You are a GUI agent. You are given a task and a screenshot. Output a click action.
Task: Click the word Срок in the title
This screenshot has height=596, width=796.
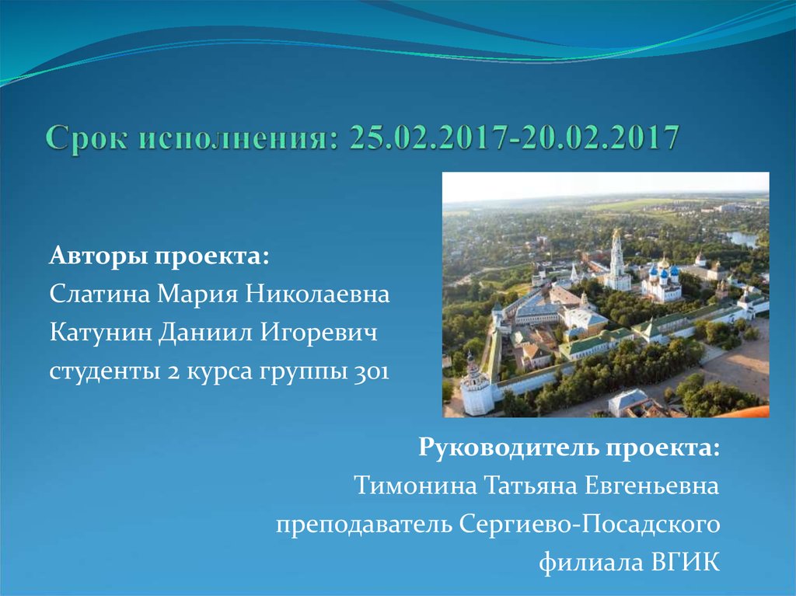tap(88, 138)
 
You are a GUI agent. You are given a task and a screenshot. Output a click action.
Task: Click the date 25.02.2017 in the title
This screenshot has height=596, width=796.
tap(417, 138)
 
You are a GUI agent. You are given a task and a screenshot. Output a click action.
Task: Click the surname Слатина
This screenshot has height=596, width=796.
tap(100, 295)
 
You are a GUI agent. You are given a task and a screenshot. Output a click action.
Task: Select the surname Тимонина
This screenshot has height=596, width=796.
tap(415, 486)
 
